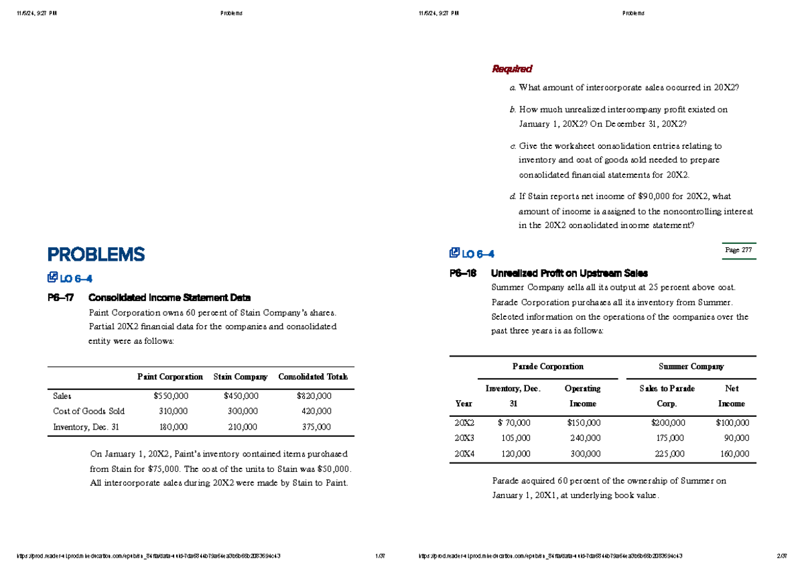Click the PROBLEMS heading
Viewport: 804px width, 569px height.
tap(96, 255)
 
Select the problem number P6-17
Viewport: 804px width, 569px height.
tap(61, 298)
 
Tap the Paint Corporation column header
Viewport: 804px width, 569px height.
tap(170, 377)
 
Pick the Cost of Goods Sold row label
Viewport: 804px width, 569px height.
tap(88, 411)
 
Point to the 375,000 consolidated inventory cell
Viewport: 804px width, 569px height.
tap(316, 426)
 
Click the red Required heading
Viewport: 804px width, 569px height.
tap(512, 69)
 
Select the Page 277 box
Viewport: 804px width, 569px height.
tap(738, 250)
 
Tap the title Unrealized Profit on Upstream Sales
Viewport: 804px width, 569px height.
tap(569, 273)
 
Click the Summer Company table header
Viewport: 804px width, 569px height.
tap(691, 367)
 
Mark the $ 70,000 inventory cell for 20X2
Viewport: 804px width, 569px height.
tap(513, 423)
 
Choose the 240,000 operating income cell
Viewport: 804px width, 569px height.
tap(582, 437)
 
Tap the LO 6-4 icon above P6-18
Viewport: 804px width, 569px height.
tap(455, 253)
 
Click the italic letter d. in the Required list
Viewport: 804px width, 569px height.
tap(513, 196)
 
